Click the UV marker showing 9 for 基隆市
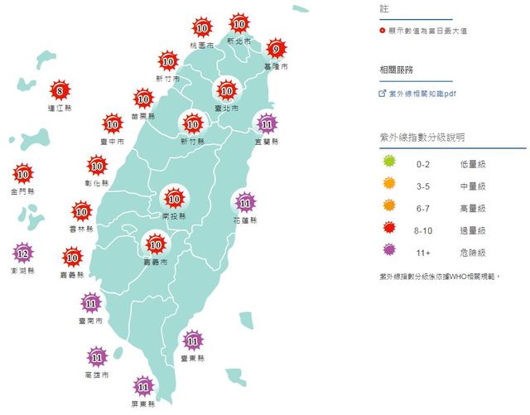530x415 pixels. click(x=275, y=48)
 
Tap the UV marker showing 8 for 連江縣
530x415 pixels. click(x=59, y=89)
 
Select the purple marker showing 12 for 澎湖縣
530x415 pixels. click(x=23, y=253)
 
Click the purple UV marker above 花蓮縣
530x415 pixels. click(x=245, y=201)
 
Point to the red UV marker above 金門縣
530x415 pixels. click(x=23, y=174)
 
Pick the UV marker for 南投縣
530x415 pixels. click(x=175, y=198)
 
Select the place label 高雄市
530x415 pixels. click(x=98, y=375)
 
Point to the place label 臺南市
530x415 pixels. click(x=91, y=320)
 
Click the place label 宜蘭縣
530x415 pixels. click(x=267, y=142)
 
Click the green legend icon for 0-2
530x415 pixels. click(x=387, y=165)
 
